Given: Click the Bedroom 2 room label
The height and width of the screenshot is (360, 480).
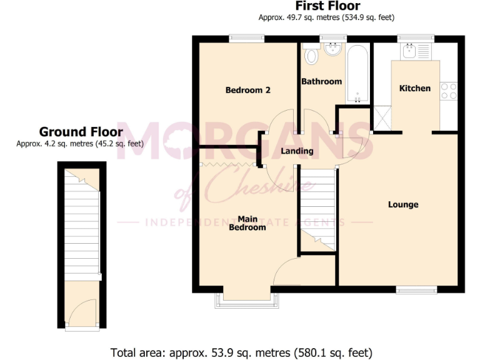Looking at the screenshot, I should (247, 90).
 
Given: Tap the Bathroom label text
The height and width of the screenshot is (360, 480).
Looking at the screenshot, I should (321, 81).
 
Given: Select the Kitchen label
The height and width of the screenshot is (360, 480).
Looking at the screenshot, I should (415, 88).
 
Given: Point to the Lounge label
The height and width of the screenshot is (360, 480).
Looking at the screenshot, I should (403, 204).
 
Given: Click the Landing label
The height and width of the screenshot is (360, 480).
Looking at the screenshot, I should (297, 151).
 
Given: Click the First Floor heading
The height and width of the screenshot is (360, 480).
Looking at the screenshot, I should (327, 6).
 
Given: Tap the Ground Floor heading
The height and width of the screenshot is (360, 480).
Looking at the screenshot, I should (81, 132).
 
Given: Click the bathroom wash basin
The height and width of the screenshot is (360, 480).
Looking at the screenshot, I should (332, 49).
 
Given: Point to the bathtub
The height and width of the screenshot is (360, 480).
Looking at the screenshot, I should (357, 74).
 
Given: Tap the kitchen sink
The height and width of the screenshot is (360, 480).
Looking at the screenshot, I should (410, 51).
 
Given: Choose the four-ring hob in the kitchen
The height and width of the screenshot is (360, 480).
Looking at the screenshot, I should (448, 91).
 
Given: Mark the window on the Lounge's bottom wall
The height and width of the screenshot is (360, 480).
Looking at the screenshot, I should (417, 289).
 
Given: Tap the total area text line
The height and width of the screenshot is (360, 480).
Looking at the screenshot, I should (241, 352).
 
